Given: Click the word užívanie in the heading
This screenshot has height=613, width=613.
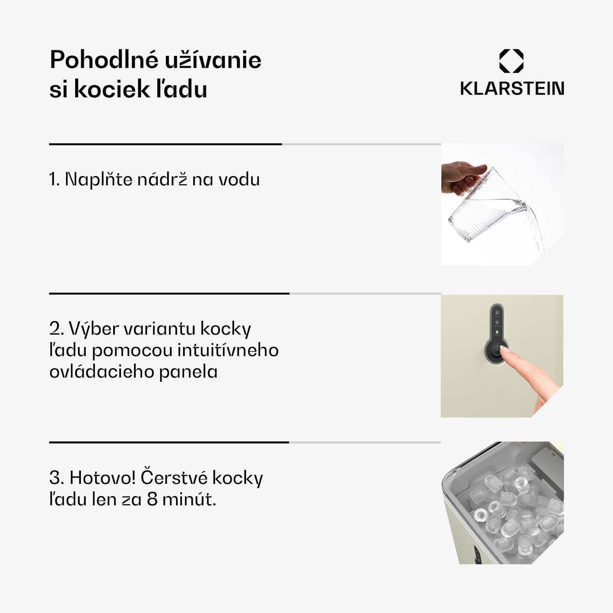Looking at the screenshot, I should click(213, 60).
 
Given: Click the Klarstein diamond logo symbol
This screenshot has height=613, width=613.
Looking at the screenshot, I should click(511, 61).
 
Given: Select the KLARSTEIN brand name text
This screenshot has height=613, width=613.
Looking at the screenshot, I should click(512, 89).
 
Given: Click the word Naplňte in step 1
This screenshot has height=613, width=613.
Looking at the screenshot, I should click(98, 179).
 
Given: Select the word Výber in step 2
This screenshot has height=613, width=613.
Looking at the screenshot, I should click(94, 329).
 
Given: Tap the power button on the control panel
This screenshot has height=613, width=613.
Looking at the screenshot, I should click(496, 351).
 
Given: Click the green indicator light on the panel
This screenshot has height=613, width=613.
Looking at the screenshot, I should click(497, 332).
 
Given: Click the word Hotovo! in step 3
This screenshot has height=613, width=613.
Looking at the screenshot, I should click(103, 478).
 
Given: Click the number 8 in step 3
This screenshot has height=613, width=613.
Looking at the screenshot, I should click(152, 499).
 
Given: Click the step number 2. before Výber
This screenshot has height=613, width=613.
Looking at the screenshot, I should click(56, 329).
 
